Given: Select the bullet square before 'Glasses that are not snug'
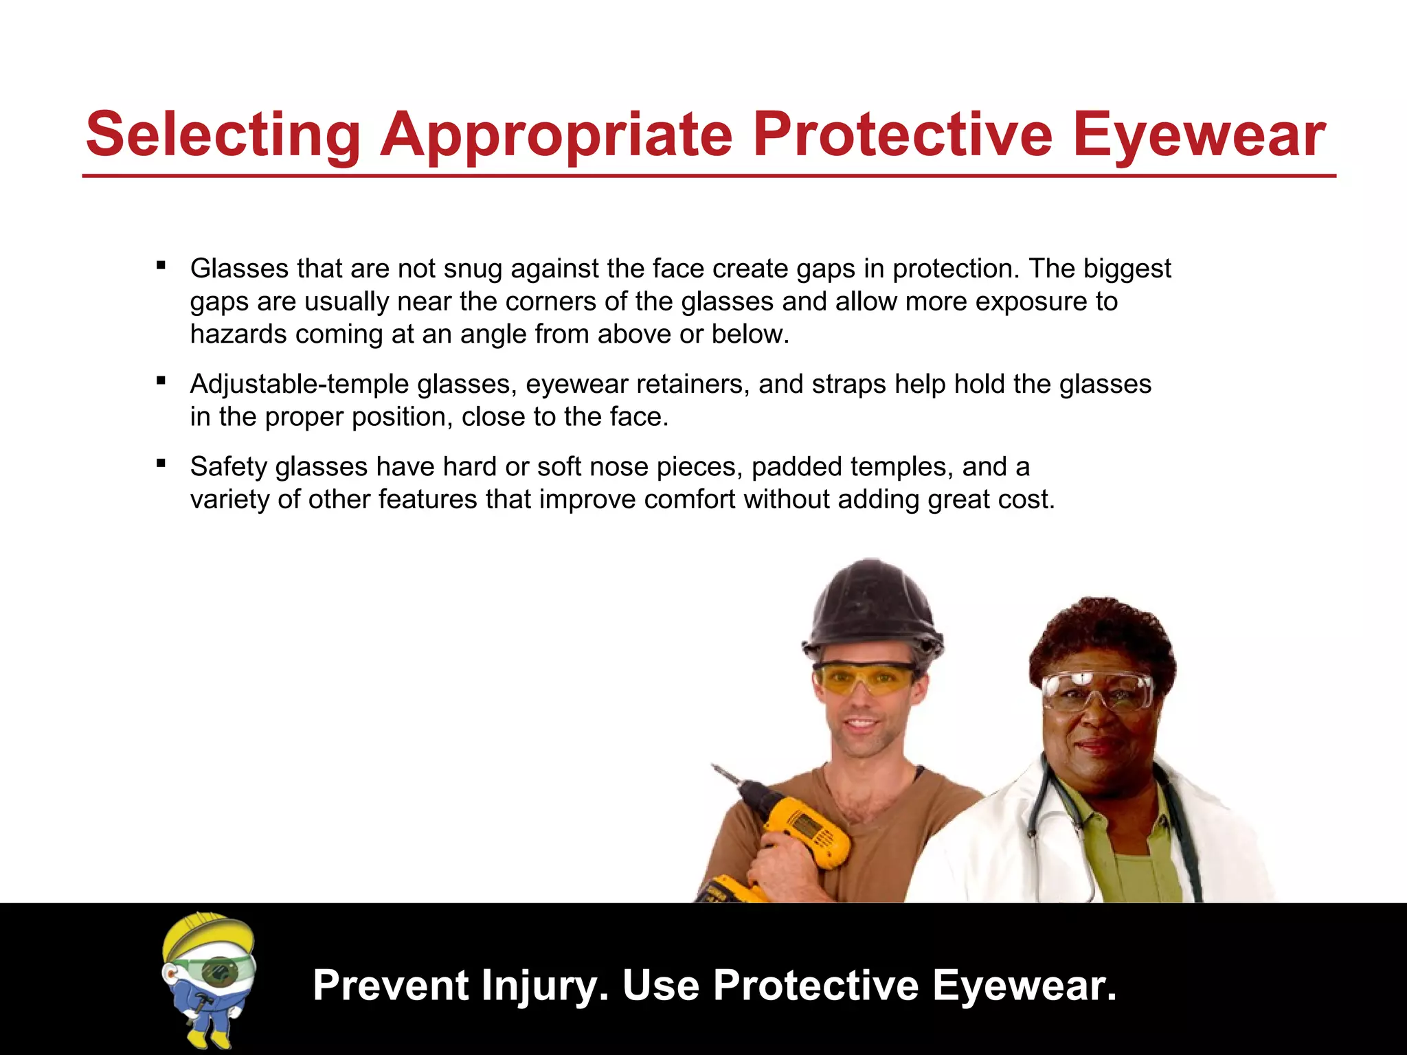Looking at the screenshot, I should pyautogui.click(x=161, y=265).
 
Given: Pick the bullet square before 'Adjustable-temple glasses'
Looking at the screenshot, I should pyautogui.click(x=161, y=381).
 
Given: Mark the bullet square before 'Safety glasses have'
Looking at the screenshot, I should pyautogui.click(x=161, y=464).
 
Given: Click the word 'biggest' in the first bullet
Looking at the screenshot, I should pyautogui.click(x=1127, y=269).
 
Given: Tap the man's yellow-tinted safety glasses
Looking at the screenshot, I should pyautogui.click(x=864, y=678).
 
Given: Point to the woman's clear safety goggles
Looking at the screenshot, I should pyautogui.click(x=1097, y=691).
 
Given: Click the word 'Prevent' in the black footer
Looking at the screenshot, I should pyautogui.click(x=391, y=986).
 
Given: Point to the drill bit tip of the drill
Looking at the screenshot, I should pyautogui.click(x=714, y=767).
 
